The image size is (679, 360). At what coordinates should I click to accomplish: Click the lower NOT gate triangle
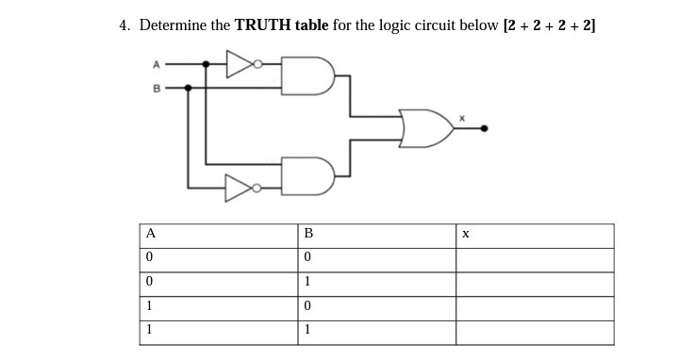(239, 188)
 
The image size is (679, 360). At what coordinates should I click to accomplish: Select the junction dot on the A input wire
(207, 65)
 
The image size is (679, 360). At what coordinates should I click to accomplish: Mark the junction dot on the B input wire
(188, 87)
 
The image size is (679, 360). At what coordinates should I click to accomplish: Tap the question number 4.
(124, 25)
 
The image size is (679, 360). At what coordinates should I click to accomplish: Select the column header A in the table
(149, 234)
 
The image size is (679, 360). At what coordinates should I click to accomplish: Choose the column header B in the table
(306, 234)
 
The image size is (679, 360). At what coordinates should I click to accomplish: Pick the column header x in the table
(465, 234)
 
